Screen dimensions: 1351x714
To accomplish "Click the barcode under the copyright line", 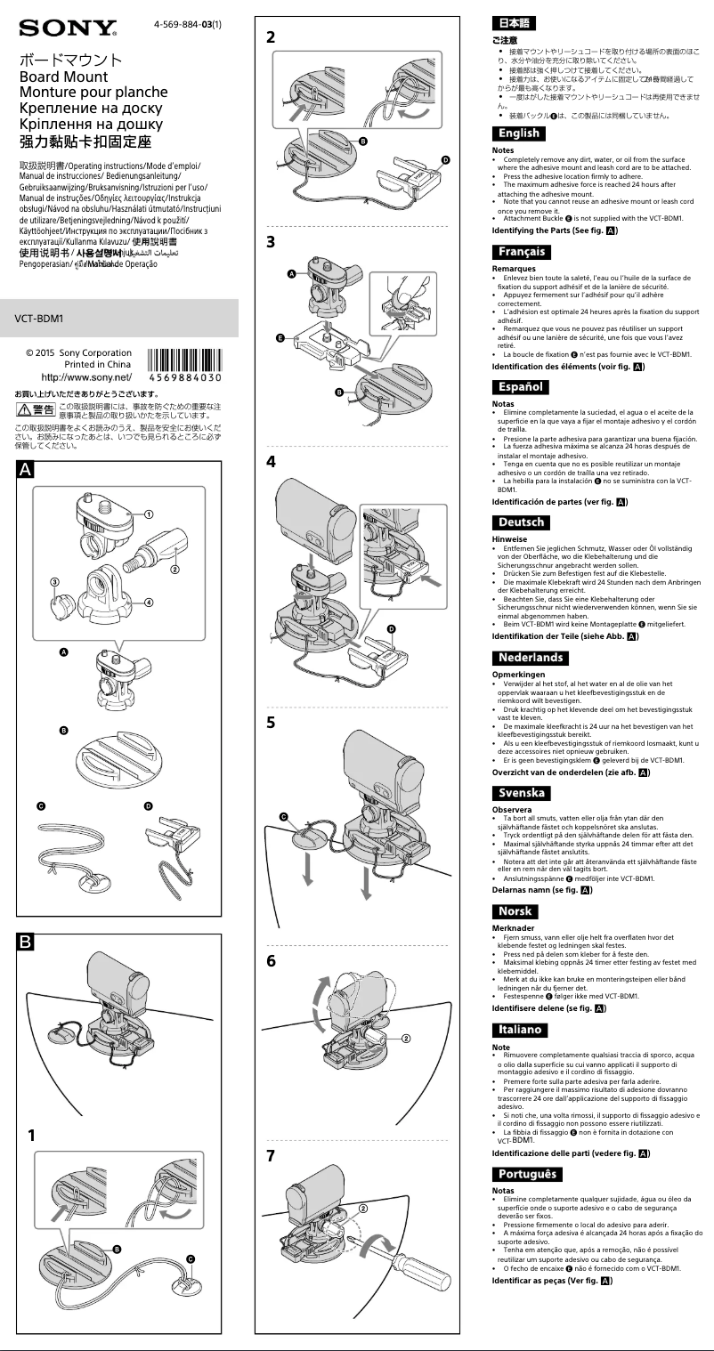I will (185, 364).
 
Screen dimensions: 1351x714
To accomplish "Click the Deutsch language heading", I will (522, 522).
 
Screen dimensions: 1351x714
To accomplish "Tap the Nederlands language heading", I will (531, 658).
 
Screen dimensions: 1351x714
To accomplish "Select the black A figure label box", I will (26, 473).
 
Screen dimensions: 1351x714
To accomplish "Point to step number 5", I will (272, 723).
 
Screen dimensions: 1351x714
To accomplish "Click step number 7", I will (272, 1156).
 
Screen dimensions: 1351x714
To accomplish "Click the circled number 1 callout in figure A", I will (150, 514).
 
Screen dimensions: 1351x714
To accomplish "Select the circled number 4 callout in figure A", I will (149, 602).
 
